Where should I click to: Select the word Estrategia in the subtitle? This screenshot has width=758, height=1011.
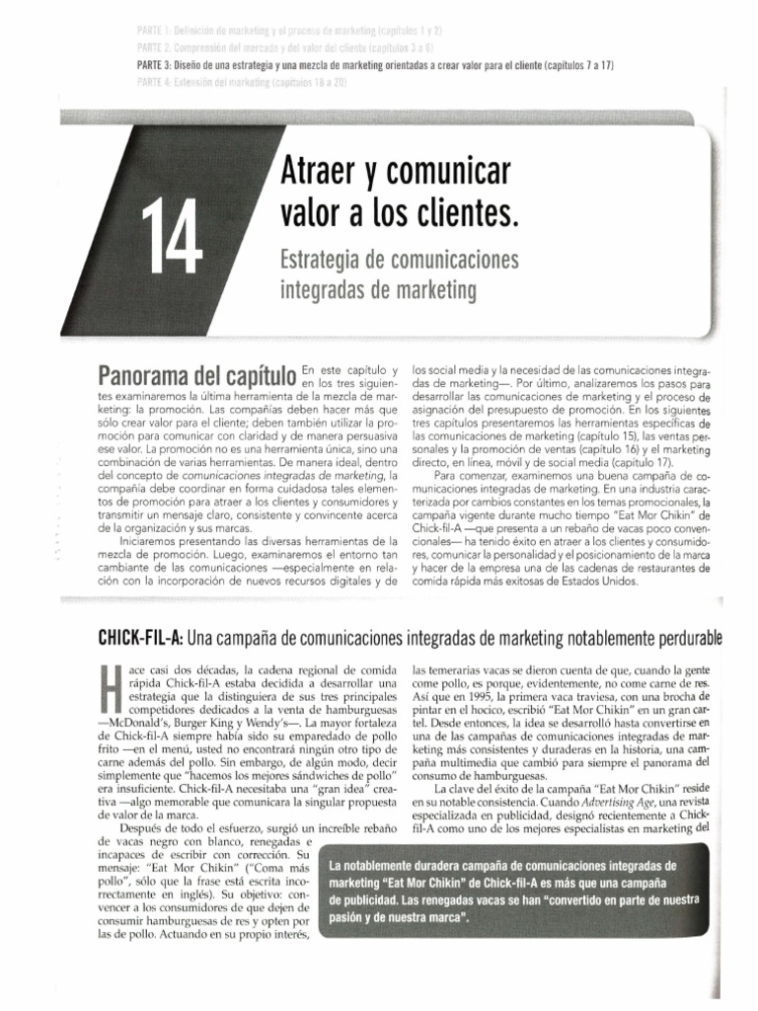[x=326, y=261]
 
